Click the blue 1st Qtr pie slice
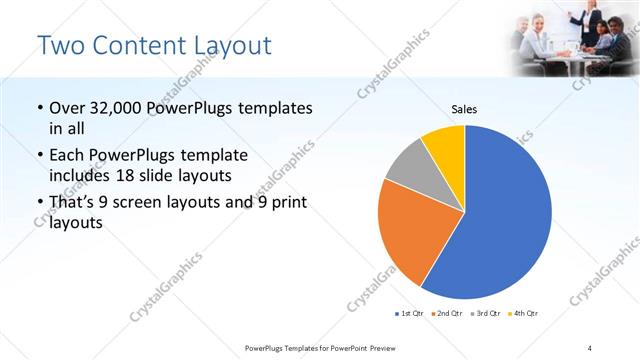click(500, 215)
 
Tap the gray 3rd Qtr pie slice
click(408, 166)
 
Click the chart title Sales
click(464, 109)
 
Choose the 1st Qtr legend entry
click(410, 314)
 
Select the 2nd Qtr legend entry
click(445, 314)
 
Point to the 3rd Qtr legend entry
click(486, 314)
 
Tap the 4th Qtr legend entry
click(523, 314)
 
